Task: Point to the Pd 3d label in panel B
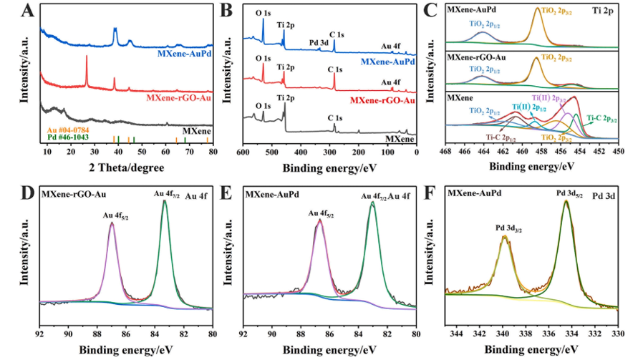point(320,43)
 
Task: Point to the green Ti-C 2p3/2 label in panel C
point(602,119)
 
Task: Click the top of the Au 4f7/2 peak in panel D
point(165,201)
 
